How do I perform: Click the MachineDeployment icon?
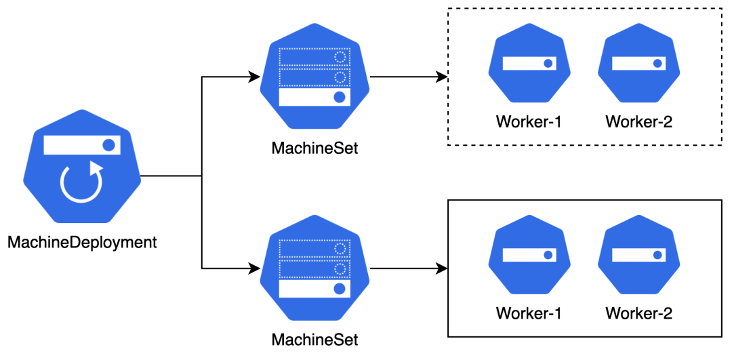[82, 167]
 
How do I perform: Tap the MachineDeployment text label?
[82, 242]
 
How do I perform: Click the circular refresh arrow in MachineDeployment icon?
[81, 184]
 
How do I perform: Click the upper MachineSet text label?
[314, 147]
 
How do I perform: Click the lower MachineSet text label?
[314, 339]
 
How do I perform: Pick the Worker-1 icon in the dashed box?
[529, 64]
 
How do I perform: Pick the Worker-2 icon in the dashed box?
[638, 64]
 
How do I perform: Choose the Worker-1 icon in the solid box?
[529, 256]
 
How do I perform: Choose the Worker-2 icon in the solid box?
[638, 256]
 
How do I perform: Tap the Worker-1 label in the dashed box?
[529, 122]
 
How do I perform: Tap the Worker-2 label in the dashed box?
[638, 122]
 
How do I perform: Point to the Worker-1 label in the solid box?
[529, 313]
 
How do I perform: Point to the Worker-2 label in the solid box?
[638, 313]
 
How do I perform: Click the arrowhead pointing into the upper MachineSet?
[256, 77]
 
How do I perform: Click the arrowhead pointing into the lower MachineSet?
[256, 268]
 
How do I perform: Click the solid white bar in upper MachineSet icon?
[314, 97]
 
